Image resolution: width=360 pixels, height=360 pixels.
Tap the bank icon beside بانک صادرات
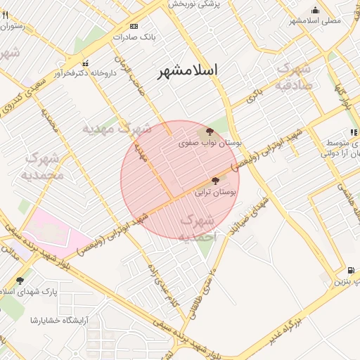(124, 26)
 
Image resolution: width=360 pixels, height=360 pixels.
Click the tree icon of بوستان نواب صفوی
(210, 131)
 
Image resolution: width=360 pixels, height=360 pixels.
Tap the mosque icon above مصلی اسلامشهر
(315, 10)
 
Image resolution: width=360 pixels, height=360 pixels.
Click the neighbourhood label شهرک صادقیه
(294, 76)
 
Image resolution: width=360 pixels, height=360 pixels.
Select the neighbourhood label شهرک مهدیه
(116, 129)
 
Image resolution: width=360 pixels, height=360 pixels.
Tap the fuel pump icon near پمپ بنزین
(350, 270)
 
